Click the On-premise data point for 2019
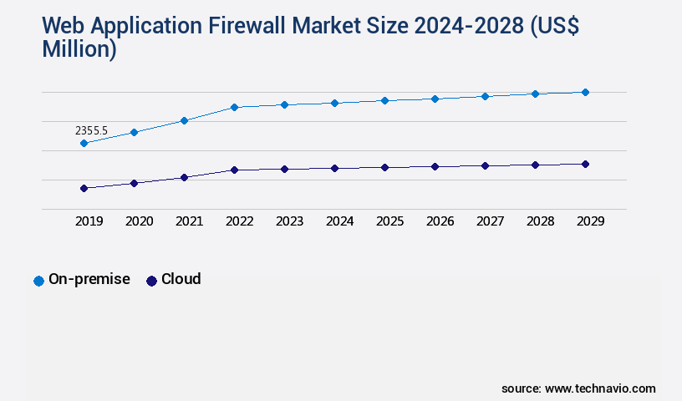(x=84, y=144)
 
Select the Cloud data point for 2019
(x=84, y=189)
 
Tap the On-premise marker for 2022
(x=234, y=107)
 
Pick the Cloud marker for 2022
(x=234, y=170)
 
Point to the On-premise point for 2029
(x=585, y=92)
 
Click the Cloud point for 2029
(x=585, y=164)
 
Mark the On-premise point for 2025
(x=384, y=100)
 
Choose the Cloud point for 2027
(x=485, y=165)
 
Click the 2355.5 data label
(x=92, y=131)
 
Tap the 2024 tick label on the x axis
(x=339, y=222)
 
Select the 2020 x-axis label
(x=139, y=222)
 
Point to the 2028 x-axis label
(x=540, y=222)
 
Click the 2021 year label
(x=189, y=222)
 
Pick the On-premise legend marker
(x=38, y=281)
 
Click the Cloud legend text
(x=181, y=279)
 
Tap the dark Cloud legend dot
(x=151, y=281)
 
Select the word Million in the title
(x=79, y=48)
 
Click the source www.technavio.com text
(x=578, y=388)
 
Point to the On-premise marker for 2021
(x=184, y=120)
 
